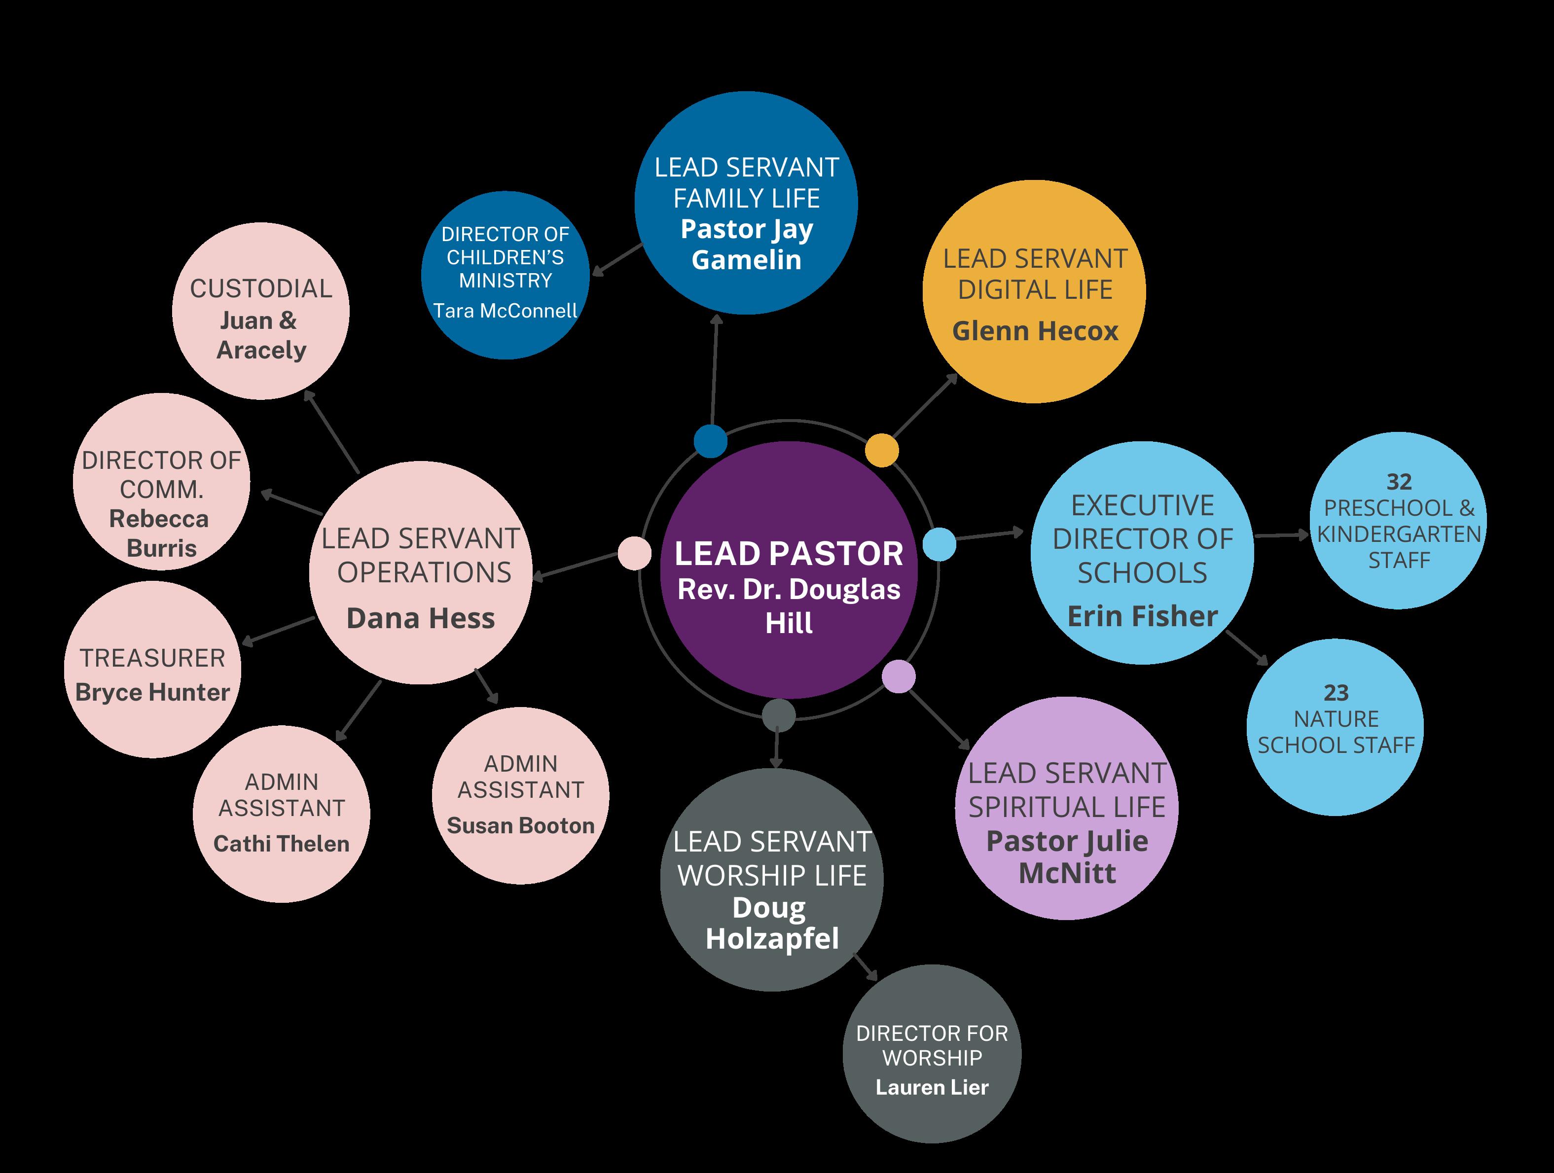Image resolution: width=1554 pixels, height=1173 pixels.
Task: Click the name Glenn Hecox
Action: (1035, 331)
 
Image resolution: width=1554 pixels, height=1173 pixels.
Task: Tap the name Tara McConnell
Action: (505, 311)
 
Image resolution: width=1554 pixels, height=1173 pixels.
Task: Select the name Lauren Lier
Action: (932, 1087)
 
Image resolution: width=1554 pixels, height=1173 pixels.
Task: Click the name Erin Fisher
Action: (1142, 616)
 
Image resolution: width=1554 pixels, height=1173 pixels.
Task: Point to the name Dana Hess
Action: (421, 618)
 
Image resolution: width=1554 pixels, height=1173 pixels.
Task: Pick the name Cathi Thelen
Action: (281, 844)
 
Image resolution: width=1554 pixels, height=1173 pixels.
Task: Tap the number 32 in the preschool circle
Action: (1399, 482)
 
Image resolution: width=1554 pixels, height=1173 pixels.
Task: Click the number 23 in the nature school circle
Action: (1336, 693)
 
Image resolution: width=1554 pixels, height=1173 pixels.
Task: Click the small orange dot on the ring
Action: (882, 450)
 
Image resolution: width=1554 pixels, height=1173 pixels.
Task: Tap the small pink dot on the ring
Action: (634, 553)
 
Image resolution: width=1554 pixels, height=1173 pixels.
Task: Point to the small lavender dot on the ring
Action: (899, 676)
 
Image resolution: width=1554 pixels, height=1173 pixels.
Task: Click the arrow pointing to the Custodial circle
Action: (331, 431)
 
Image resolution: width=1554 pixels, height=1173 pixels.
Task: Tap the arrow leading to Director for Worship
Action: (866, 966)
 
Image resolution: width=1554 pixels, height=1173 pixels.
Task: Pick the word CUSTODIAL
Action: (260, 288)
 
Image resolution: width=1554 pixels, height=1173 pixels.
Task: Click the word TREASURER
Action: (152, 658)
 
